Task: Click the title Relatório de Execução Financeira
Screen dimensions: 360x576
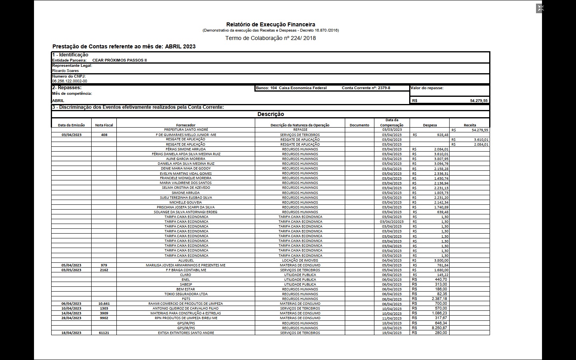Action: (270, 24)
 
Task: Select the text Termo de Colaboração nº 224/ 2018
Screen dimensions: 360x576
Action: (270, 38)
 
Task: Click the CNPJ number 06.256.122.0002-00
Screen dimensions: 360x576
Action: (69, 81)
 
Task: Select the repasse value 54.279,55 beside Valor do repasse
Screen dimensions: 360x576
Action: (478, 101)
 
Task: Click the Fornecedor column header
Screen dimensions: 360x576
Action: (186, 125)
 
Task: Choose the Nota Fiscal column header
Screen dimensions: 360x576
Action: (104, 125)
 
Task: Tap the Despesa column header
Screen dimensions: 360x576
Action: (430, 125)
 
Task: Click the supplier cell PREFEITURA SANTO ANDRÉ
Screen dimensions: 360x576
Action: (186, 130)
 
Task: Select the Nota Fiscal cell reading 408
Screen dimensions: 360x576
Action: (104, 135)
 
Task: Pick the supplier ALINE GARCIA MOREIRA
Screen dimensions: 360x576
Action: (186, 159)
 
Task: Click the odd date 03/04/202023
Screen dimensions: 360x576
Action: (392, 222)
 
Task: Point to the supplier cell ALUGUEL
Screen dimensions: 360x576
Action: (186, 260)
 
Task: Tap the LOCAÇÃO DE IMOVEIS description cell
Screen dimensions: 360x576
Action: (300, 260)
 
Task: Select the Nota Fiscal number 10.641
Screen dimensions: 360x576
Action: (104, 304)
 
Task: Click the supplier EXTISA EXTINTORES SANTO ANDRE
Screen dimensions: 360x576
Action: (186, 333)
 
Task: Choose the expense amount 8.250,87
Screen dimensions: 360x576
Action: (439, 328)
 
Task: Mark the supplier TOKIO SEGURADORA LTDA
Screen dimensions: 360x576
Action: (186, 294)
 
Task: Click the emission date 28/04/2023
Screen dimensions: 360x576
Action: (71, 318)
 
